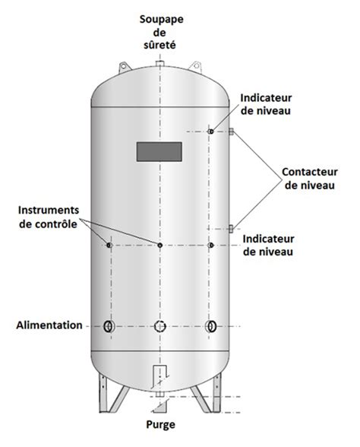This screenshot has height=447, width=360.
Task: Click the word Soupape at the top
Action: pyautogui.click(x=161, y=21)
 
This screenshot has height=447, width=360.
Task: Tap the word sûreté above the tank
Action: pyautogui.click(x=159, y=45)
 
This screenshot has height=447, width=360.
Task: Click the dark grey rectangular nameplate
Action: pyautogui.click(x=159, y=152)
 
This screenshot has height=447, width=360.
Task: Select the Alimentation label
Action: pyautogui.click(x=49, y=325)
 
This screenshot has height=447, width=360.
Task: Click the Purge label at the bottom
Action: pyautogui.click(x=161, y=425)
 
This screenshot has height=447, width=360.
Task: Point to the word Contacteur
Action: pyautogui.click(x=310, y=172)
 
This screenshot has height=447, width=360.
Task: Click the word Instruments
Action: pyautogui.click(x=49, y=210)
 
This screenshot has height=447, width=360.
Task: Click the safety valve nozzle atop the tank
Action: pyautogui.click(x=159, y=63)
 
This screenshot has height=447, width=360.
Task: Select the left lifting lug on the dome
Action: pyautogui.click(x=124, y=67)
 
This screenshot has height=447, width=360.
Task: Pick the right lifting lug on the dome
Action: pyautogui.click(x=195, y=67)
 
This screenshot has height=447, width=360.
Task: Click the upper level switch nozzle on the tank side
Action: pyautogui.click(x=231, y=132)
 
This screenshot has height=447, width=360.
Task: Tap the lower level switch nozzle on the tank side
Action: pyautogui.click(x=231, y=229)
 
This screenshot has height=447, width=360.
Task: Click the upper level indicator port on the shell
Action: pyautogui.click(x=211, y=132)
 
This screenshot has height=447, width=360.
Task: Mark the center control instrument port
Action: pyautogui.click(x=160, y=245)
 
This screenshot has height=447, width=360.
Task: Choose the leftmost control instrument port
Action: pyautogui.click(x=109, y=245)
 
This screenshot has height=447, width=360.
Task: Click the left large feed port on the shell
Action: pyautogui.click(x=109, y=326)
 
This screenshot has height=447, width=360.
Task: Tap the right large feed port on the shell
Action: pyautogui.click(x=211, y=326)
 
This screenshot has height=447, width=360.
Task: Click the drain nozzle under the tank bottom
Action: pyautogui.click(x=159, y=394)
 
